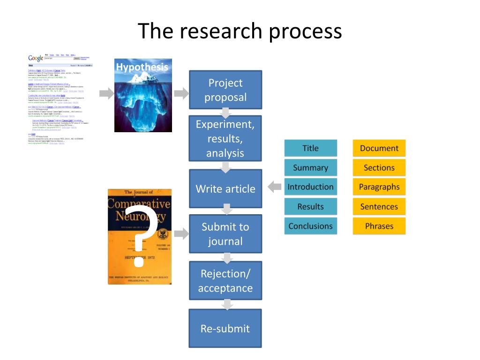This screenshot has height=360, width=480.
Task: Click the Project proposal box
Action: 225,90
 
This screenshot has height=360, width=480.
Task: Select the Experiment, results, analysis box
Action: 225,139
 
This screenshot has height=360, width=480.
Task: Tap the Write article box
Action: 225,189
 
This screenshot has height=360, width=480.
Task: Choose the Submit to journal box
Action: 225,234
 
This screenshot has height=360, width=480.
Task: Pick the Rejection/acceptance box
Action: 225,281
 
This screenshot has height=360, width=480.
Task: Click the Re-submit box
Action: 225,328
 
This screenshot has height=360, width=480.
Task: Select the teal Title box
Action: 310,148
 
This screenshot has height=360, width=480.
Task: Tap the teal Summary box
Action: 310,168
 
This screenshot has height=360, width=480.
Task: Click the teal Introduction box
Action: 310,187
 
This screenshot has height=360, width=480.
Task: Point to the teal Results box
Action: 310,207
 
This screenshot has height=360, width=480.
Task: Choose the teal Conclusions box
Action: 310,226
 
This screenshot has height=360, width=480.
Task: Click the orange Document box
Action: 379,148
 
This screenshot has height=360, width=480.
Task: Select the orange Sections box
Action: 379,168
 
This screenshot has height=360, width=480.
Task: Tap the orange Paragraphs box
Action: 379,187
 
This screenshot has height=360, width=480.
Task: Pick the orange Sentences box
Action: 379,207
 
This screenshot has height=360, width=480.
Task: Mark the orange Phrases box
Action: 379,226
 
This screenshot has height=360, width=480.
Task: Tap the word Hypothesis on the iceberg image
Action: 142,67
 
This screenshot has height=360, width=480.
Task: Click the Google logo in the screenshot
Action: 36,58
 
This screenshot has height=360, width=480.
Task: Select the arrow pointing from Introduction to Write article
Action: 275,187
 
